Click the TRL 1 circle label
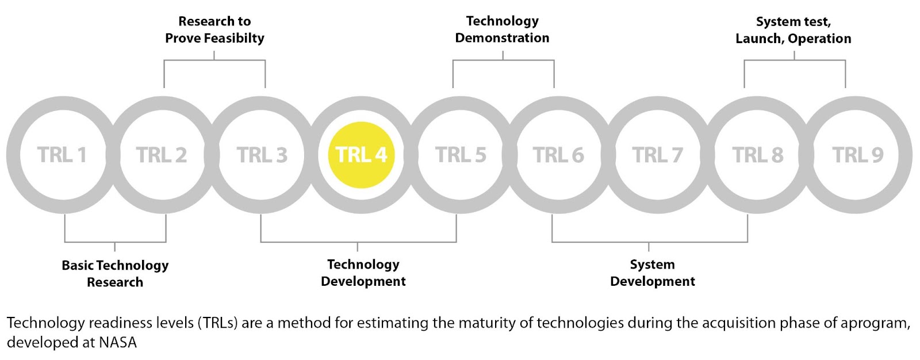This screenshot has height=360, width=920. (x=62, y=155)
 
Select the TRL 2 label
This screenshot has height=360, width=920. (x=162, y=155)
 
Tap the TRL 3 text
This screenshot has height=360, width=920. (x=262, y=155)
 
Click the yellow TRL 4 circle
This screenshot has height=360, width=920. (x=361, y=155)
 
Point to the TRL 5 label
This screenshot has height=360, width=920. (x=461, y=155)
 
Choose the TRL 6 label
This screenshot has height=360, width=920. (x=558, y=155)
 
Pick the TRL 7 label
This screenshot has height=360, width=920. (x=658, y=155)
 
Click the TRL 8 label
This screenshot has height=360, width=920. (x=758, y=155)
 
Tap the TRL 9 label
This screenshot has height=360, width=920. (x=857, y=155)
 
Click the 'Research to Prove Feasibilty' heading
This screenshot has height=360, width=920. (x=214, y=29)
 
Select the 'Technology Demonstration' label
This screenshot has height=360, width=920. (x=503, y=29)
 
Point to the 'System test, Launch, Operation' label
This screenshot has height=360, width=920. (x=793, y=30)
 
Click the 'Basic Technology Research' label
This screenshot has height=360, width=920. (x=115, y=274)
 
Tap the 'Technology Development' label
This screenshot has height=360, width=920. (x=363, y=273)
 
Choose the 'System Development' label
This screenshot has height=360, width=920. (x=652, y=273)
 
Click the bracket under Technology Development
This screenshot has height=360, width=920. (x=358, y=242)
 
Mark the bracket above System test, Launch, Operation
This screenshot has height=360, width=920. (x=795, y=60)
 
